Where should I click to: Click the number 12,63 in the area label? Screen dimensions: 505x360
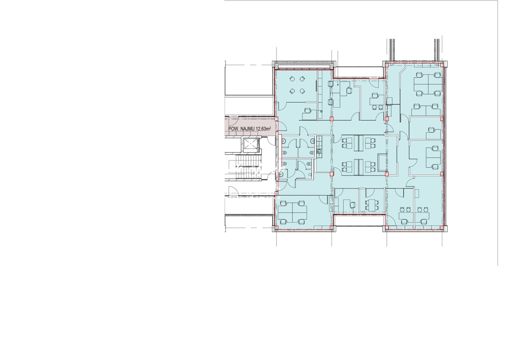tap(262, 129)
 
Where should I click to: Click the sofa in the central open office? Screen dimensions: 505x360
tap(382, 162)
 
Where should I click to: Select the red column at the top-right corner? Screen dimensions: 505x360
tap(442, 65)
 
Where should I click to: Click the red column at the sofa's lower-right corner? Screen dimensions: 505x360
tap(387, 174)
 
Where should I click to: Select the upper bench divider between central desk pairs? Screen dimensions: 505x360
tap(358, 143)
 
